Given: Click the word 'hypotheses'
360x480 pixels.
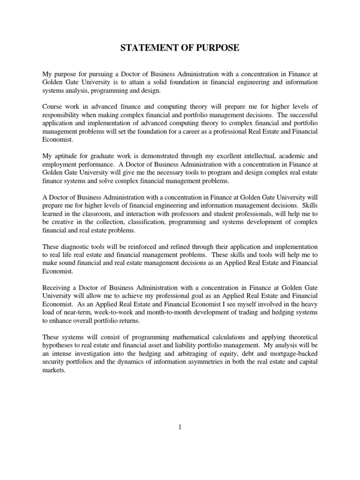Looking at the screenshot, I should [60, 345].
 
